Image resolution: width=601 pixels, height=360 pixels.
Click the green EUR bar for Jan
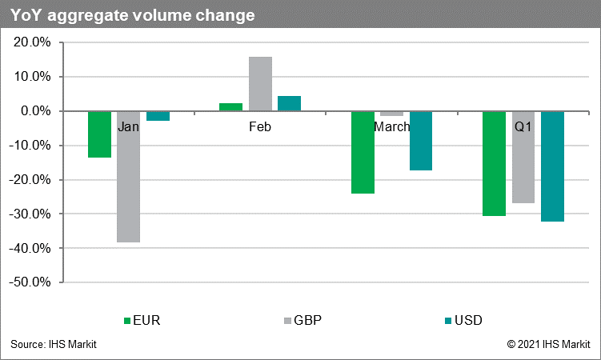pos(99,134)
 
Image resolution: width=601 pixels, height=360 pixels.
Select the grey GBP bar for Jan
pos(128,176)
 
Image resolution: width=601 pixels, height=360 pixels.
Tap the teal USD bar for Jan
pos(158,116)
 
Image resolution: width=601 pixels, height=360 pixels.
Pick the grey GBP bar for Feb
pos(260,84)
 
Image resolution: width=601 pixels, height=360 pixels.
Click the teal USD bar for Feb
pos(289,103)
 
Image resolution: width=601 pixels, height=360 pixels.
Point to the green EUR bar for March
pos(363,152)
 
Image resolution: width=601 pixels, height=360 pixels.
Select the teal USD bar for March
pos(420,140)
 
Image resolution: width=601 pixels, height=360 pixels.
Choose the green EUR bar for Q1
pos(494,163)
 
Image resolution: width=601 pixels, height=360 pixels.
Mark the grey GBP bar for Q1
pos(523,157)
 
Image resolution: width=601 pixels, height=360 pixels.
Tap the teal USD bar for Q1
pos(552,166)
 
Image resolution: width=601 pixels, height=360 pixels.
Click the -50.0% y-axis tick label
pos(31,282)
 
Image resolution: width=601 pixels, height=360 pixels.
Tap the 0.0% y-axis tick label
pos(37,111)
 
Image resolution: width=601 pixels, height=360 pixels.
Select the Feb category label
pos(260,127)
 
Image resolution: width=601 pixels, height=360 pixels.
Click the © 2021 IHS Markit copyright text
pos(548,345)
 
